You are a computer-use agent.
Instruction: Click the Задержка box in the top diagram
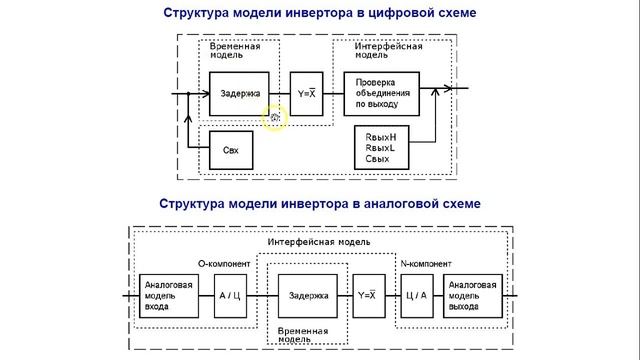pyautogui.click(x=238, y=95)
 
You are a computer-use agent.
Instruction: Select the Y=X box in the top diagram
pyautogui.click(x=307, y=95)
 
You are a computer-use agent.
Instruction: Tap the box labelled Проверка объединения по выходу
pyautogui.click(x=377, y=95)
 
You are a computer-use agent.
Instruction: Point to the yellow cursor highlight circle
pyautogui.click(x=274, y=118)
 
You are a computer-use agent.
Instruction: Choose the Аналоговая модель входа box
pyautogui.click(x=168, y=296)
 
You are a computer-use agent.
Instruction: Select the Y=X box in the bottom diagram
pyautogui.click(x=366, y=296)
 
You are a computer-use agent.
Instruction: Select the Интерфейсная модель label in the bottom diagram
pyautogui.click(x=320, y=242)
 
